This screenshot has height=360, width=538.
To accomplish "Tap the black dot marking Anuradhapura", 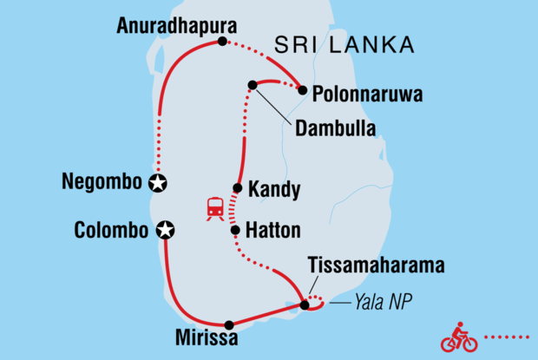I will point(223,42).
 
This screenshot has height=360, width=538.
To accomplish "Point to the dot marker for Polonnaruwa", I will point(302,89).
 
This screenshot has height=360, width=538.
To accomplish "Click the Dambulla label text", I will point(335,129).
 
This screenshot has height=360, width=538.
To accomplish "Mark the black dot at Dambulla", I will point(253,85).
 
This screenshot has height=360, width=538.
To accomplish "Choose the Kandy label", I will point(274,188).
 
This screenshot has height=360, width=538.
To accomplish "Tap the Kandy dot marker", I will point(237,188).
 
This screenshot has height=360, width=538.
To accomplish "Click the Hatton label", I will point(274,231).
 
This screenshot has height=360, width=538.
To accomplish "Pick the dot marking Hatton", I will point(234,230).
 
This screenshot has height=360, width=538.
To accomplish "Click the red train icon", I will point(213,209).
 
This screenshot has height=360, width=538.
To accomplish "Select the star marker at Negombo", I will point(157,183).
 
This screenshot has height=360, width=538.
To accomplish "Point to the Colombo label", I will point(111,230).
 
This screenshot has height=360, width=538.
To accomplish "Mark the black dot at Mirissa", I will point(229,325).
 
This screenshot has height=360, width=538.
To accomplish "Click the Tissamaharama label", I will point(377,265).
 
